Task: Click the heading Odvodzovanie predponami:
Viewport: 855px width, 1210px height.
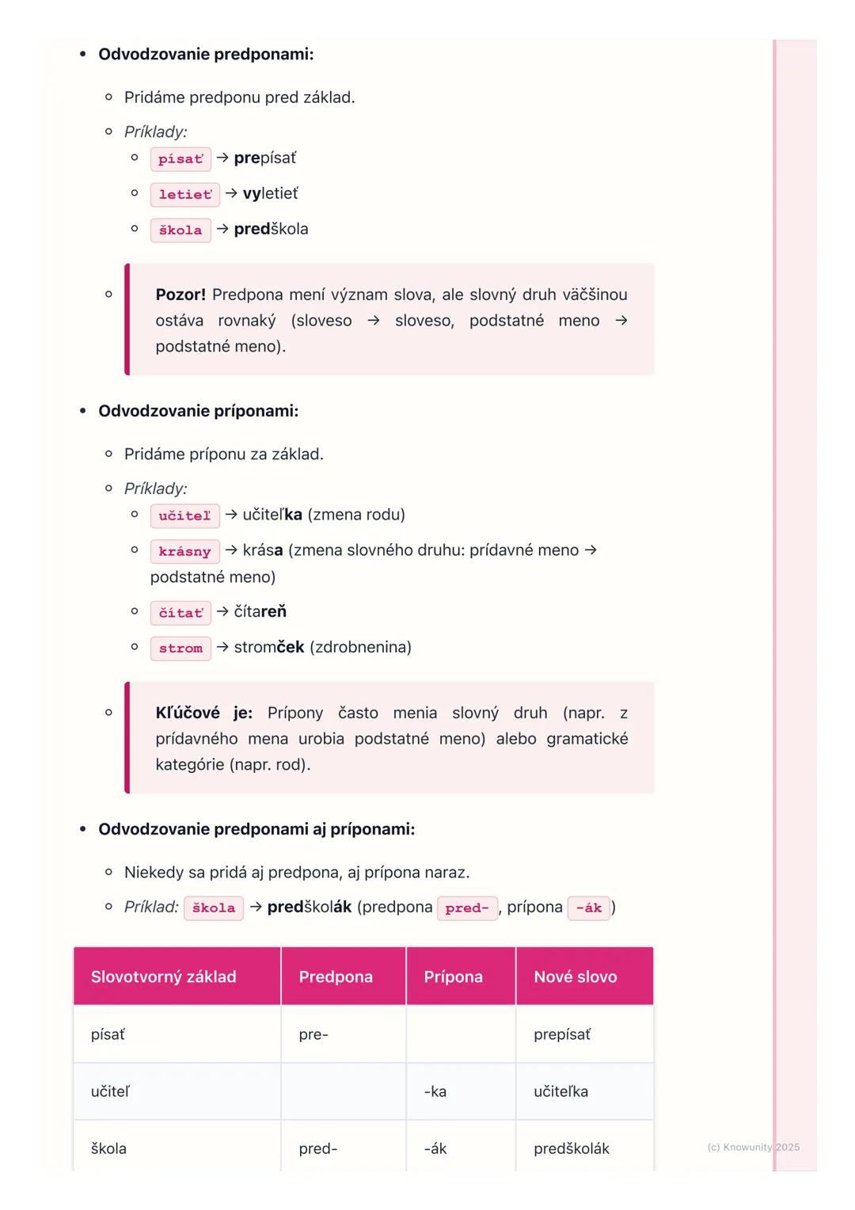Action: pyautogui.click(x=206, y=55)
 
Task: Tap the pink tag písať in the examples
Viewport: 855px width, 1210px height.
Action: pyautogui.click(x=180, y=159)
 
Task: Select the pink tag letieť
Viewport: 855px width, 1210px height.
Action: pyautogui.click(x=184, y=195)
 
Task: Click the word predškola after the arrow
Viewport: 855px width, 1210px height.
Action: pyautogui.click(x=271, y=230)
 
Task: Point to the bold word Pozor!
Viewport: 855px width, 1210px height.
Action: pyautogui.click(x=180, y=295)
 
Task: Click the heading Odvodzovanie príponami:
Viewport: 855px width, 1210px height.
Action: pyautogui.click(x=198, y=411)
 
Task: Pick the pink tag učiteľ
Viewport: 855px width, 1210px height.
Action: pyautogui.click(x=184, y=516)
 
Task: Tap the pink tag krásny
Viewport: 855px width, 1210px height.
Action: pyautogui.click(x=184, y=552)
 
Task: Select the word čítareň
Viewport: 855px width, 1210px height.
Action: pyautogui.click(x=260, y=612)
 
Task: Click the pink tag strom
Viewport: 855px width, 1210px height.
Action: pyautogui.click(x=180, y=649)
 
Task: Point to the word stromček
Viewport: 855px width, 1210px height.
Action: pyautogui.click(x=269, y=648)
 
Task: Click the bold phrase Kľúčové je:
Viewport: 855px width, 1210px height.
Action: pyautogui.click(x=203, y=713)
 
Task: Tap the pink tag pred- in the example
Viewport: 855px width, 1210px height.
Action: pyautogui.click(x=467, y=908)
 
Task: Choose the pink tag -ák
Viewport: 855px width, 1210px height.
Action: pyautogui.click(x=588, y=908)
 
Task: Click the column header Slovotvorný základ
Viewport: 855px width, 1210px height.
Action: pyautogui.click(x=163, y=977)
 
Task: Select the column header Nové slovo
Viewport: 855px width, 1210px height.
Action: pyautogui.click(x=576, y=977)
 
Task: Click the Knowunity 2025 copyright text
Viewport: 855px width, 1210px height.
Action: pyautogui.click(x=753, y=1147)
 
